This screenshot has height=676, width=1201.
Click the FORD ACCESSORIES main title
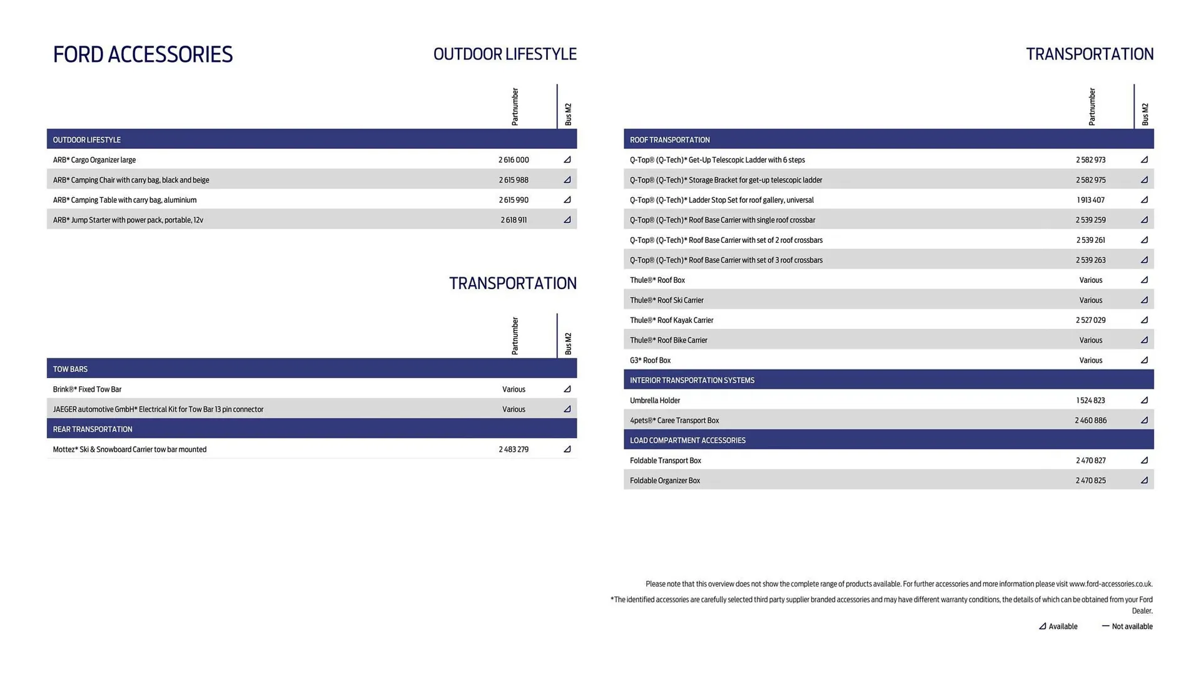(143, 54)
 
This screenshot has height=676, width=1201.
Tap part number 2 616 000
(514, 160)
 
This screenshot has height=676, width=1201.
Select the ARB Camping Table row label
(124, 200)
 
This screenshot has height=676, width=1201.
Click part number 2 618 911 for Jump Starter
(514, 220)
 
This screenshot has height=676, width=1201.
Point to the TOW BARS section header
(70, 369)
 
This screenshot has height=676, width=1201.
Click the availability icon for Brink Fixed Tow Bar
(567, 389)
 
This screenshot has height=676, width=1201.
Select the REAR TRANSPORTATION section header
(93, 429)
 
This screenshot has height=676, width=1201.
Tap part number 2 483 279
(514, 449)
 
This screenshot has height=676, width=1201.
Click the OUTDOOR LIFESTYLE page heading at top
(505, 54)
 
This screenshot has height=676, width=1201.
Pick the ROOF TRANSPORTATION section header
(669, 140)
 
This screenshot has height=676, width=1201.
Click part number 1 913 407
(1090, 200)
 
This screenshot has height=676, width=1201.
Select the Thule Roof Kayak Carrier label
(671, 320)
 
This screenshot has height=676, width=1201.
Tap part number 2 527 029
(1090, 320)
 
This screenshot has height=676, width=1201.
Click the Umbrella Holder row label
(654, 401)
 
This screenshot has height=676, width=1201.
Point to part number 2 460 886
(1090, 421)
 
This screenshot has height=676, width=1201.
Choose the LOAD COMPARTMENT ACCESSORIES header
(687, 441)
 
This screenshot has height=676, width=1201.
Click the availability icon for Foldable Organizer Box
(1144, 481)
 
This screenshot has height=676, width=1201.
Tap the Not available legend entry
(1127, 627)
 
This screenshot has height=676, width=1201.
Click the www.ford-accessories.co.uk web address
(1110, 584)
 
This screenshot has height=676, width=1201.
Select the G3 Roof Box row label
(650, 361)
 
